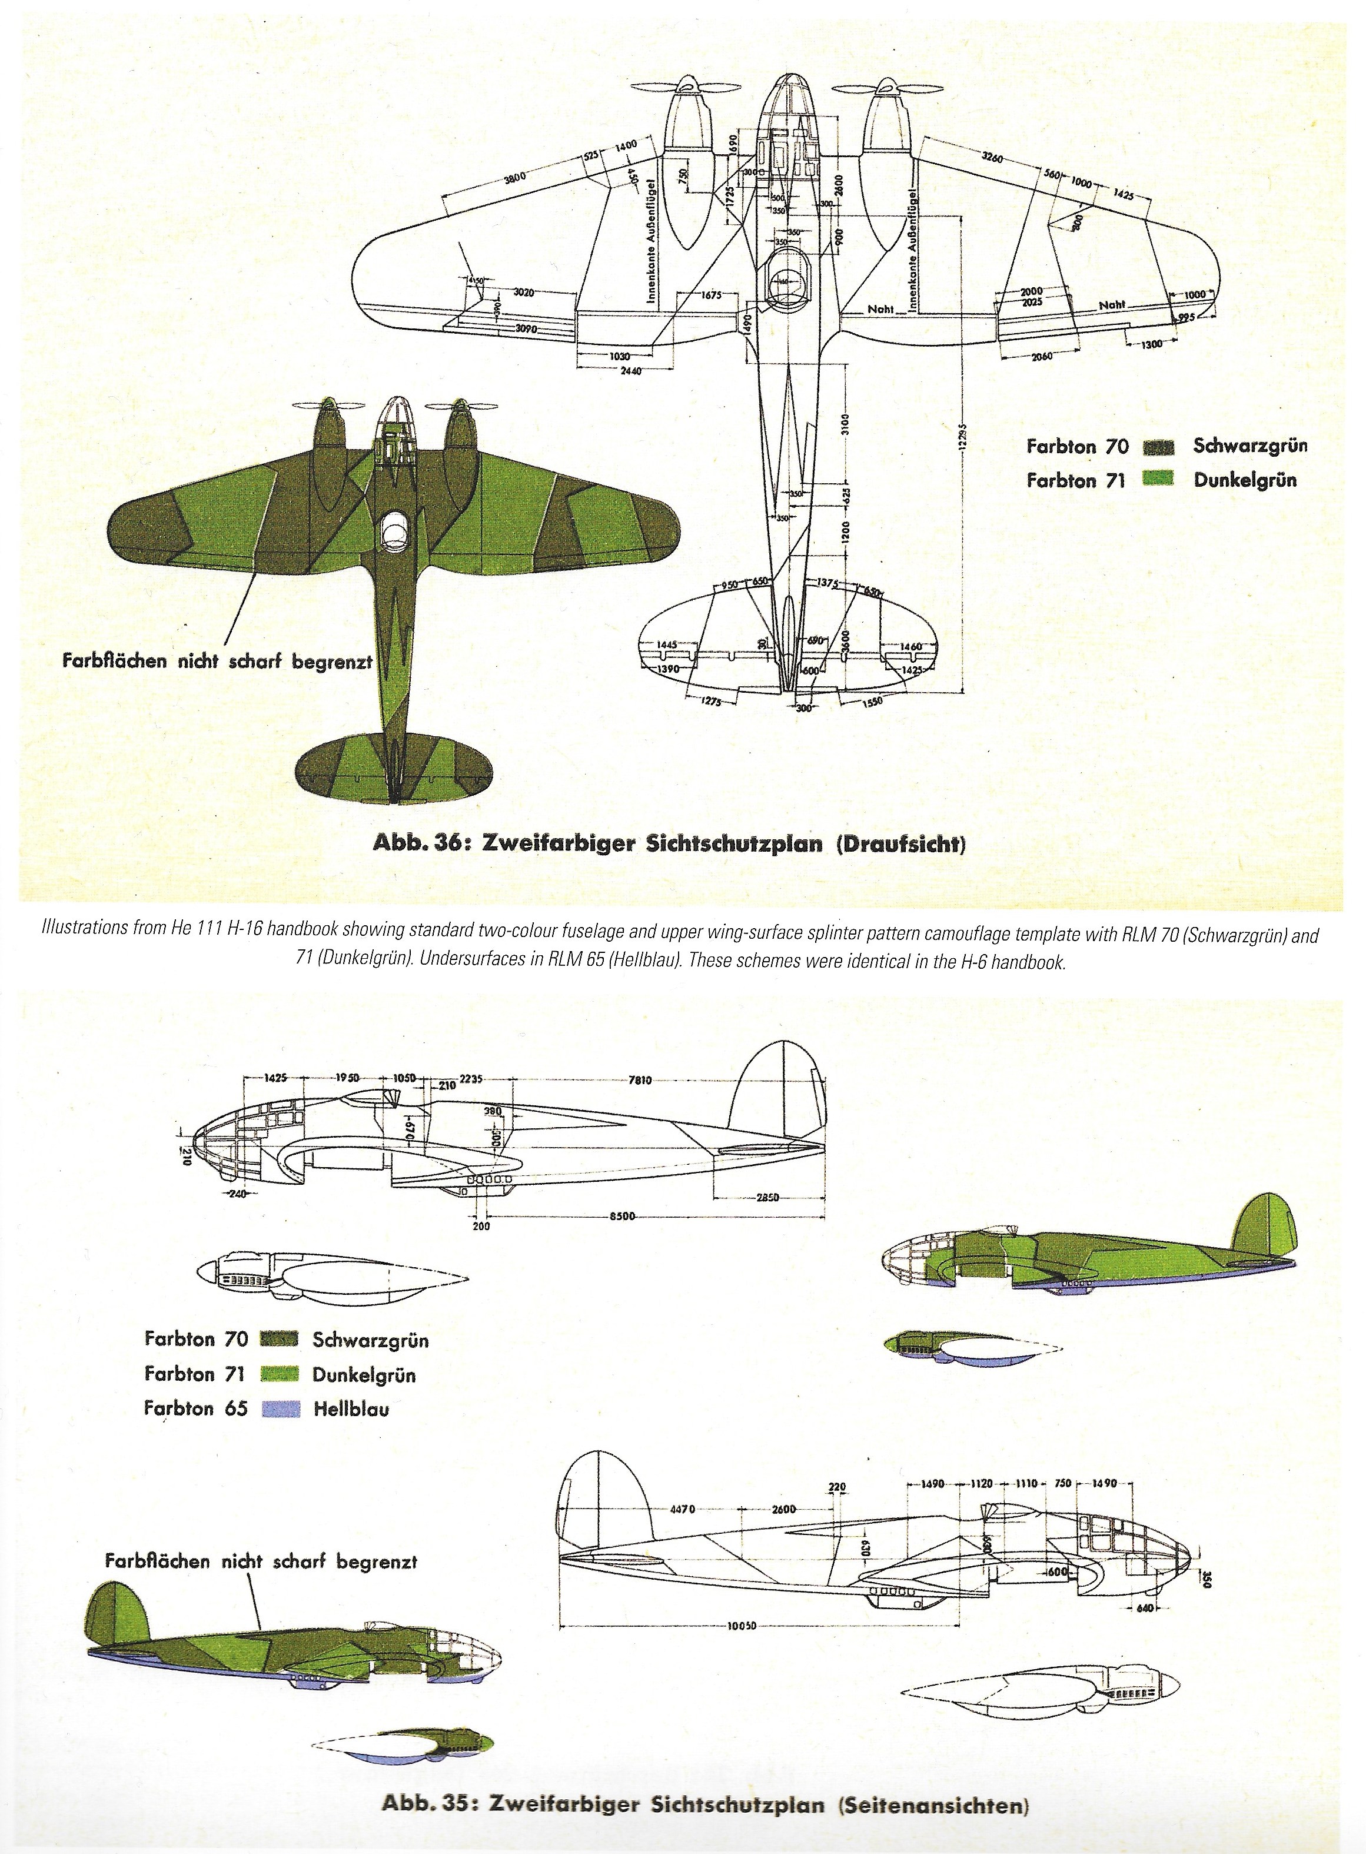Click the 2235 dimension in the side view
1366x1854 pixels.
[x=469, y=1079]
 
